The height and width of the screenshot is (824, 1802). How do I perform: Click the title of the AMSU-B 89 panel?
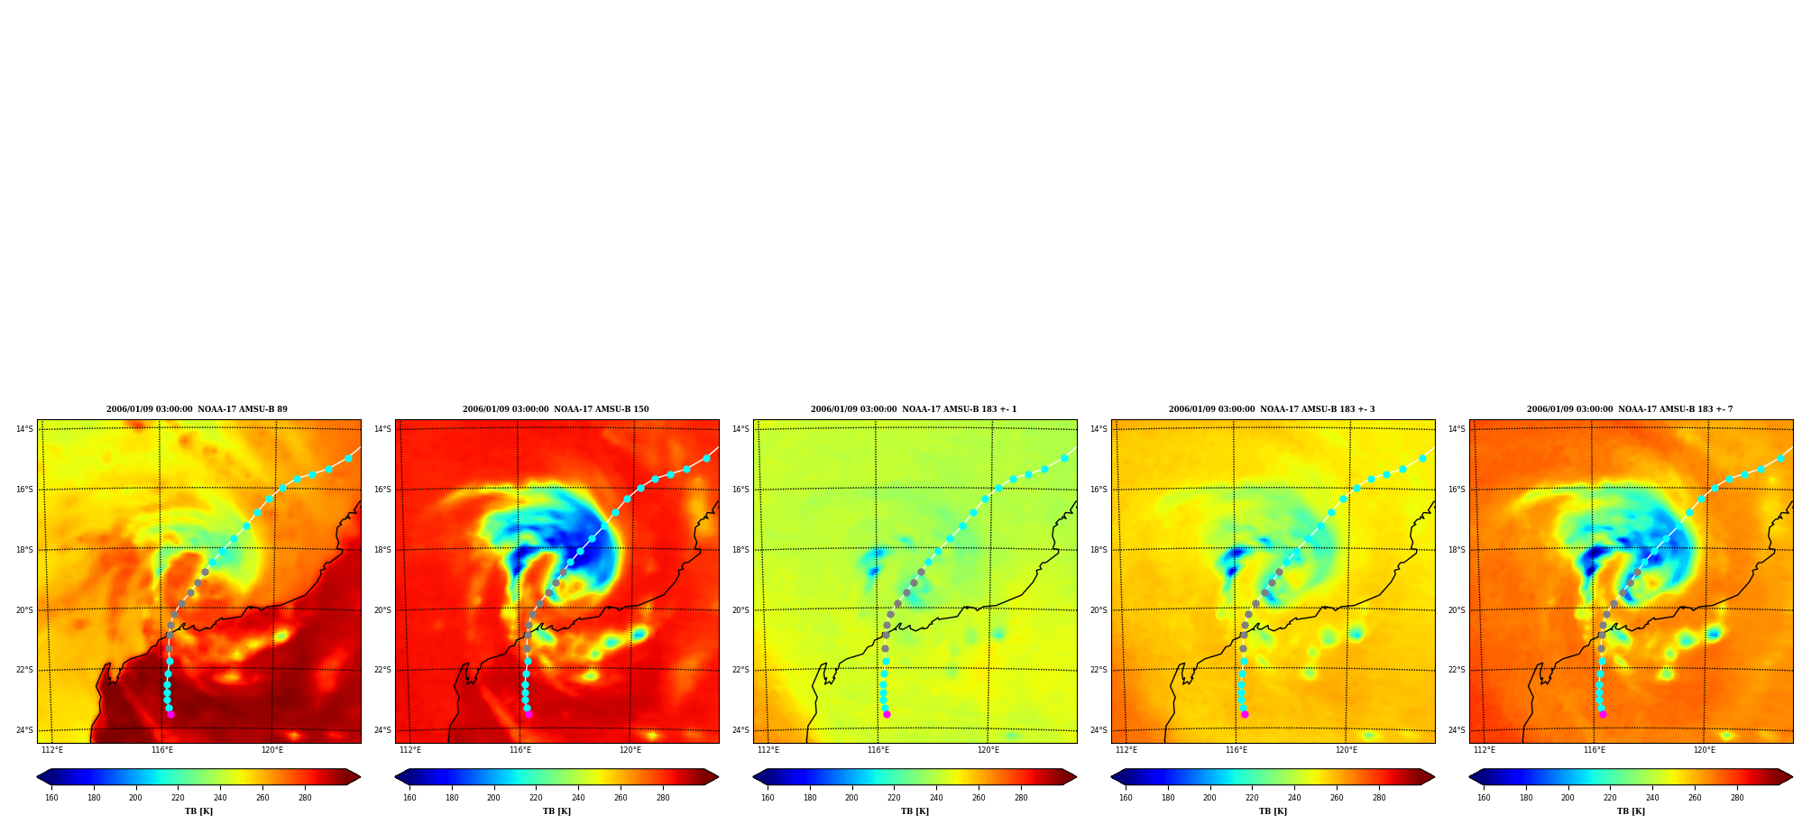click(x=197, y=409)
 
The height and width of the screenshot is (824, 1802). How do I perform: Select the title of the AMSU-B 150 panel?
click(x=556, y=409)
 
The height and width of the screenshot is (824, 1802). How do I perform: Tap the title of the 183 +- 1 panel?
click(x=914, y=409)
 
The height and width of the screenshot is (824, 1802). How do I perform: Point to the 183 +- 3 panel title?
click(x=1272, y=409)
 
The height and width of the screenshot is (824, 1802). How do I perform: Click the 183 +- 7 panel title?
click(x=1630, y=409)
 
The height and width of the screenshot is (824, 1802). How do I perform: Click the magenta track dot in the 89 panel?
click(x=170, y=714)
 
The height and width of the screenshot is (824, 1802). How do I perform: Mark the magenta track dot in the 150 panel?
click(x=529, y=714)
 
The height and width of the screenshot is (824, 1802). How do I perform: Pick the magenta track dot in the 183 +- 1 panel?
click(x=887, y=714)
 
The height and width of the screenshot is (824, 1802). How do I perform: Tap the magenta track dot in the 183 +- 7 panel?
click(x=1603, y=714)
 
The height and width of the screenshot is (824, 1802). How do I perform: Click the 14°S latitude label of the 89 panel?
click(x=24, y=429)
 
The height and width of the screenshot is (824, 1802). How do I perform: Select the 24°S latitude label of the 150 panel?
click(x=382, y=730)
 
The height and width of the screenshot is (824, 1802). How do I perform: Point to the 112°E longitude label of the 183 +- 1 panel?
click(x=768, y=750)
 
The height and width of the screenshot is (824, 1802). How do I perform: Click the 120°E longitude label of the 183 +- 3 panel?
click(x=1347, y=750)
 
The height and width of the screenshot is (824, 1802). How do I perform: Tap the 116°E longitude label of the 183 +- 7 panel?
click(x=1595, y=750)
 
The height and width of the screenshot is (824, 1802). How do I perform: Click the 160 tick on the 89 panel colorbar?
click(x=51, y=798)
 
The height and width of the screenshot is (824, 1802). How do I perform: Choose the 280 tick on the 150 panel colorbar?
click(x=663, y=798)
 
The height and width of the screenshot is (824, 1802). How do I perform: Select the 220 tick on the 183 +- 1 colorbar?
click(x=894, y=798)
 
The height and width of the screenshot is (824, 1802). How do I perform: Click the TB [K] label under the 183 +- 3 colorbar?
click(x=1273, y=811)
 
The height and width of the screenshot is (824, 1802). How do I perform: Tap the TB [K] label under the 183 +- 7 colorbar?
click(x=1631, y=811)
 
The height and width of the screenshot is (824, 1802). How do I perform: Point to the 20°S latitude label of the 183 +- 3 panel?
click(x=1099, y=610)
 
